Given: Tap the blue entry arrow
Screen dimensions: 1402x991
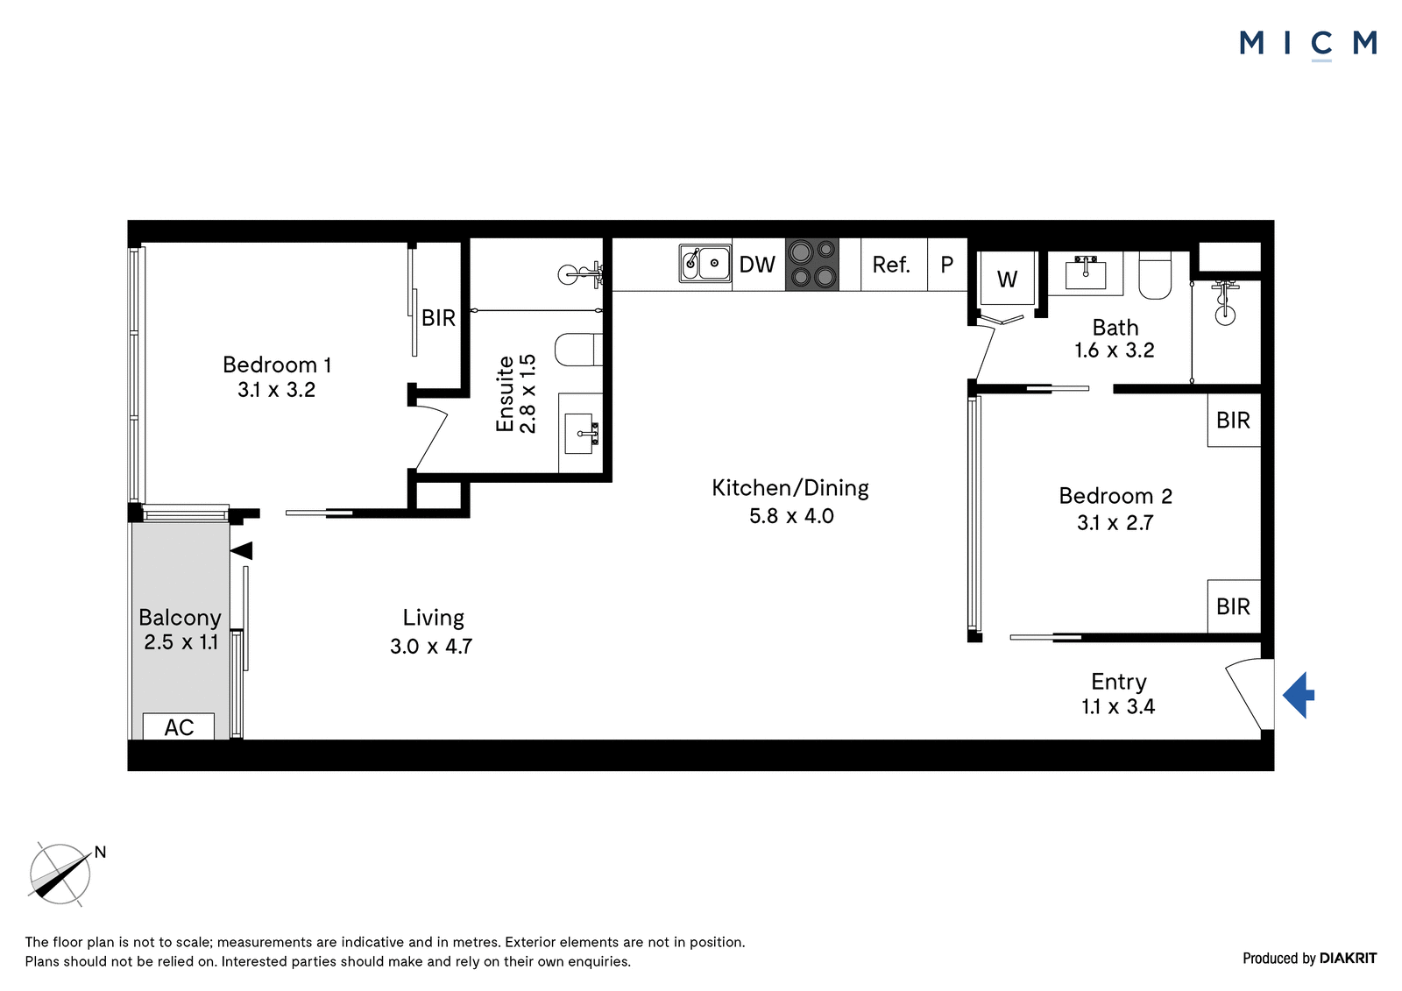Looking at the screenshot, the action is coord(1298,695).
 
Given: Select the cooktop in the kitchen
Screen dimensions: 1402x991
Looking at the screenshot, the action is coord(811,265).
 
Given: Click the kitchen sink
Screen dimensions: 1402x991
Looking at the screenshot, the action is coord(705,264).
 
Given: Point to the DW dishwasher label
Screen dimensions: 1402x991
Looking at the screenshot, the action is coord(757,265).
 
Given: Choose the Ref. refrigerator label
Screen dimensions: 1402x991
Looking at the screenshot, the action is coord(891,265).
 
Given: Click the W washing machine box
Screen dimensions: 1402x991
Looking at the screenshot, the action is coord(1007,279).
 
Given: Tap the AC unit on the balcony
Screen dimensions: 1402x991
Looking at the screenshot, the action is coord(179,726).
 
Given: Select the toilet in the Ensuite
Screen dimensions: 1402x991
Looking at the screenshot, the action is coord(578,350).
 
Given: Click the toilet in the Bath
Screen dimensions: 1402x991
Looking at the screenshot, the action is coord(1155,275).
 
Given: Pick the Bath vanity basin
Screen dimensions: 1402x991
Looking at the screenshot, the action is coord(1086,273).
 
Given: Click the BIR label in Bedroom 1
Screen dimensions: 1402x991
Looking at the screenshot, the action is coord(438,318).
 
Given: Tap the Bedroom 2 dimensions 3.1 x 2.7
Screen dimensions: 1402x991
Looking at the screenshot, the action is coord(1115,523).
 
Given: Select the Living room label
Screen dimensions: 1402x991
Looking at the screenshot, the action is coord(433,617).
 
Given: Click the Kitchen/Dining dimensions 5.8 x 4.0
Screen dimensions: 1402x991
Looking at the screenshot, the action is coord(791,516).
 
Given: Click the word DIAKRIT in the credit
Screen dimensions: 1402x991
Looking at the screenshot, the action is coord(1349,958).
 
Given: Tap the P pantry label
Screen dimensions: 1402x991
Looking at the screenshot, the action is coord(947,265).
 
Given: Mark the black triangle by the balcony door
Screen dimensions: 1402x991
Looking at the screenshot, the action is coord(241,550).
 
